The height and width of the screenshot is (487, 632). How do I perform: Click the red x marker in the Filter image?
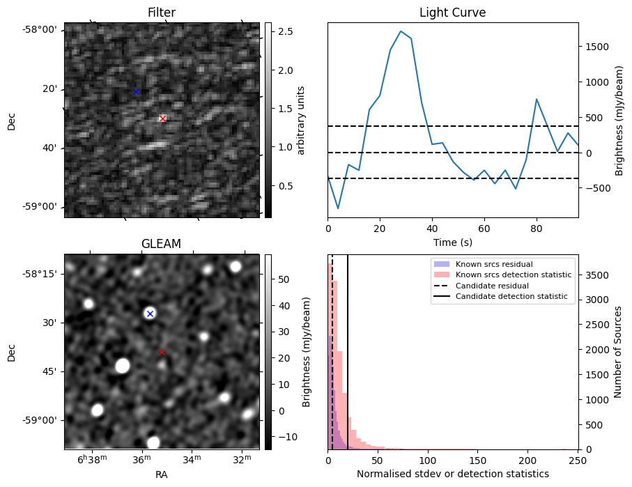click(x=162, y=118)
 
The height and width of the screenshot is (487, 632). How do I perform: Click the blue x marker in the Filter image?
click(x=137, y=91)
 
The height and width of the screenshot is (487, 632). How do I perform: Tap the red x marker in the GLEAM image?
click(x=162, y=352)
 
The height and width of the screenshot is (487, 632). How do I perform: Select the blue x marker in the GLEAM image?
click(x=150, y=314)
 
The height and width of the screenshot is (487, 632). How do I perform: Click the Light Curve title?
click(x=452, y=13)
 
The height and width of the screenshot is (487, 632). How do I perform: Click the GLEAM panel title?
click(x=161, y=244)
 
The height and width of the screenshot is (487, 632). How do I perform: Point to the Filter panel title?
click(x=162, y=13)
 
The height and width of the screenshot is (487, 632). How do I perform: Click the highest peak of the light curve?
click(x=401, y=31)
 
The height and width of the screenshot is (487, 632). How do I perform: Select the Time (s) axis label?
click(x=452, y=241)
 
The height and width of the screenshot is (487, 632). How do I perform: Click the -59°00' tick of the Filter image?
click(x=41, y=207)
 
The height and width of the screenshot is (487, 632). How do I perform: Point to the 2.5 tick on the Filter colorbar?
click(x=284, y=32)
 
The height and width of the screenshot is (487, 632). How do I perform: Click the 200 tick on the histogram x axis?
click(x=528, y=460)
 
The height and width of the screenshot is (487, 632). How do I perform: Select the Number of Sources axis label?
click(x=618, y=352)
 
